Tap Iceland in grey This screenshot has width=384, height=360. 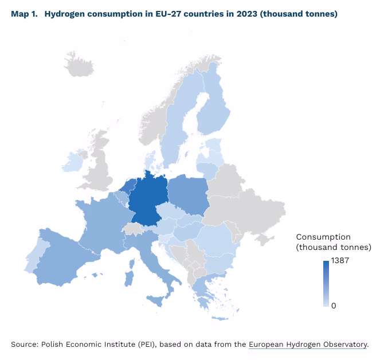point(77,64)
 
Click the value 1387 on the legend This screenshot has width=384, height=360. point(340,260)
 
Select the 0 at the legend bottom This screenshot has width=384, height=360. point(334,306)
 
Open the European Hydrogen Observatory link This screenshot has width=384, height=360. point(307,344)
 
